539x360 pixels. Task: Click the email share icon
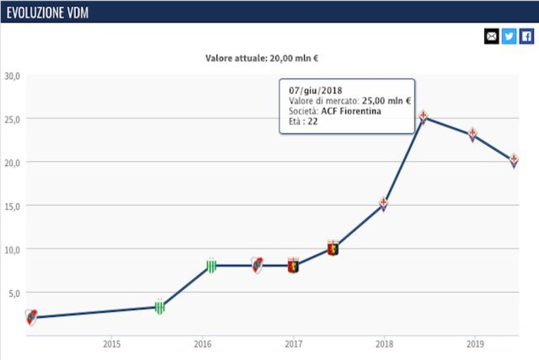(491, 36)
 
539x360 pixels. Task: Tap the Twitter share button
(509, 36)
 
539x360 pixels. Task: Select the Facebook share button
(526, 36)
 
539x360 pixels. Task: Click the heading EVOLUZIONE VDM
(48, 13)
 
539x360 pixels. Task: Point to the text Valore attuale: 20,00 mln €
(261, 58)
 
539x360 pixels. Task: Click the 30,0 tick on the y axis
(13, 76)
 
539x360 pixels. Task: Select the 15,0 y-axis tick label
(13, 206)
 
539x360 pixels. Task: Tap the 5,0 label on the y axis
(15, 293)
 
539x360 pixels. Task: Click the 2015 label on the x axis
(112, 344)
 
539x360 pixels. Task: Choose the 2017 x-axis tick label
(294, 344)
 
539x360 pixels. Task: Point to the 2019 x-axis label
(475, 344)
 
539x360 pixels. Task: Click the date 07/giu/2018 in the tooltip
(316, 91)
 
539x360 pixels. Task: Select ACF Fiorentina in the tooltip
(351, 111)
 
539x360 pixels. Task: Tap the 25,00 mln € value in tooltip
(387, 101)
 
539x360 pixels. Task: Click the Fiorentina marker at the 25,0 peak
(424, 117)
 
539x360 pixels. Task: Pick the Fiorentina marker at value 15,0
(383, 204)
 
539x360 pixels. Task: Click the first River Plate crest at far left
(32, 317)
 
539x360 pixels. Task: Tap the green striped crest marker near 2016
(212, 265)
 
